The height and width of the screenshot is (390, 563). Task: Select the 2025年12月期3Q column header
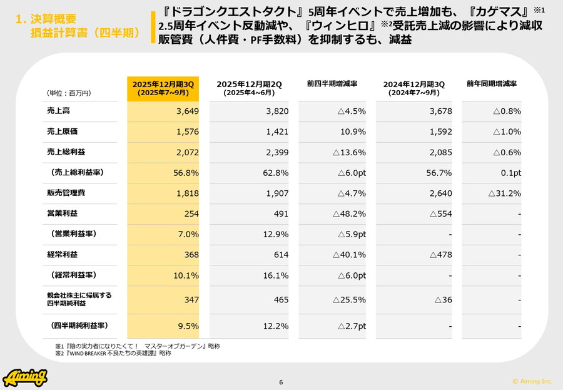tap(163, 88)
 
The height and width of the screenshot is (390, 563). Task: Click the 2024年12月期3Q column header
tap(414, 88)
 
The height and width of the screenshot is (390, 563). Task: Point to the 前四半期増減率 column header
tap(332, 83)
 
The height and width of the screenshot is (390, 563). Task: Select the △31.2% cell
tap(504, 193)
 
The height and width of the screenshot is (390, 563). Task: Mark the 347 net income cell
tap(191, 300)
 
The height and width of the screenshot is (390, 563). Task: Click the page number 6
tap(281, 382)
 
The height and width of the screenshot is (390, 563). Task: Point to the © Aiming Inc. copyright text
tap(532, 381)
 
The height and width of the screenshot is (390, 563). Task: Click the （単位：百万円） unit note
tap(69, 93)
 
